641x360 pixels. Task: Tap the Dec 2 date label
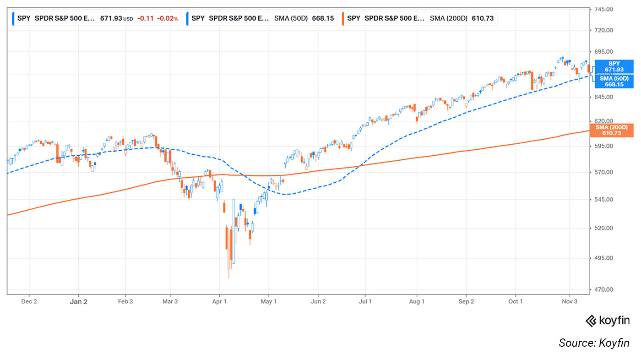click(x=29, y=301)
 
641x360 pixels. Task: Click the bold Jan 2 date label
click(x=78, y=301)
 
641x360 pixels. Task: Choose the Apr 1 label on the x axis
click(x=219, y=301)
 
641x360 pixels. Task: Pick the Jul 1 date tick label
click(x=365, y=301)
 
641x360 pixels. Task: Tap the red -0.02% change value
click(x=168, y=18)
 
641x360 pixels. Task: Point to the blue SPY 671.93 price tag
click(x=614, y=66)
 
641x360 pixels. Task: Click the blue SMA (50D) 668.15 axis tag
click(x=614, y=82)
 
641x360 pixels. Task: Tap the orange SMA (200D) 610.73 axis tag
click(x=614, y=130)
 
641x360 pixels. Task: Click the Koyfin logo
click(x=608, y=321)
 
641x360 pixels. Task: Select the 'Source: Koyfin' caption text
click(x=594, y=343)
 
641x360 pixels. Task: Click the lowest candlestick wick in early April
click(x=228, y=276)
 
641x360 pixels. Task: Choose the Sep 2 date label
click(x=466, y=301)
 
